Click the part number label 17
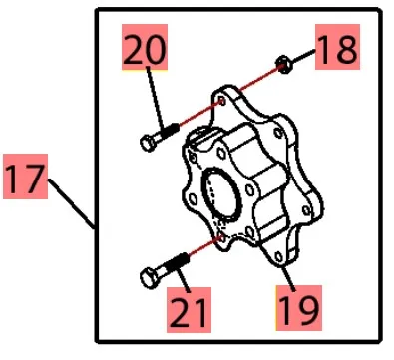point(25,177)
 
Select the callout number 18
point(337,47)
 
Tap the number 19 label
point(299,308)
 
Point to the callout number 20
point(145,47)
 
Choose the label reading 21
point(189,310)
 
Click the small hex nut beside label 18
point(284,65)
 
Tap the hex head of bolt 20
point(148,143)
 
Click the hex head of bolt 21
point(149,278)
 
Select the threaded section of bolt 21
point(177,261)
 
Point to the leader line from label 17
point(72,203)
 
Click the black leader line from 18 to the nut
point(303,56)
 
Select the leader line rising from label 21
point(184,278)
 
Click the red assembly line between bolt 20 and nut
point(229,96)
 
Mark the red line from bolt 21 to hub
point(205,245)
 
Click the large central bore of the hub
point(220,195)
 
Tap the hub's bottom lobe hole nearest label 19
point(279,256)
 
